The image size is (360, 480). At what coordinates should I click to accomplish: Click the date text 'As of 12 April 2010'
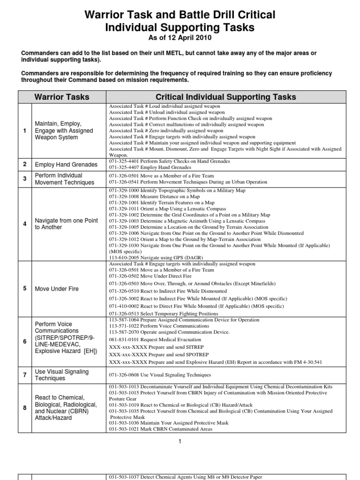tap(180, 38)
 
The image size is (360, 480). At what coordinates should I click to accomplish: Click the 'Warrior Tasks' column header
tap(61, 97)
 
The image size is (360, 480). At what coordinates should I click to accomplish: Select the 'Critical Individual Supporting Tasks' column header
tap(225, 97)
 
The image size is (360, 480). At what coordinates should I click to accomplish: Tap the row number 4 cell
tap(24, 224)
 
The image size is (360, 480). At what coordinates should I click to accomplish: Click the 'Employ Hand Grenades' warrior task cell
tap(66, 165)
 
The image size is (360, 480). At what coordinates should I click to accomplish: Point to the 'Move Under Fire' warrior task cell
tap(57, 289)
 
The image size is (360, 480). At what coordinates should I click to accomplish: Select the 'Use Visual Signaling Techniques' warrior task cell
tap(61, 375)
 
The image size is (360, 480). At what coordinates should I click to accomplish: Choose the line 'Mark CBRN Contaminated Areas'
tap(160, 429)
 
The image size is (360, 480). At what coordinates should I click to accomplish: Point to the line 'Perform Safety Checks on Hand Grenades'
tap(169, 161)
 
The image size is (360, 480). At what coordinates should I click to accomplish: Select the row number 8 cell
tap(24, 408)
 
